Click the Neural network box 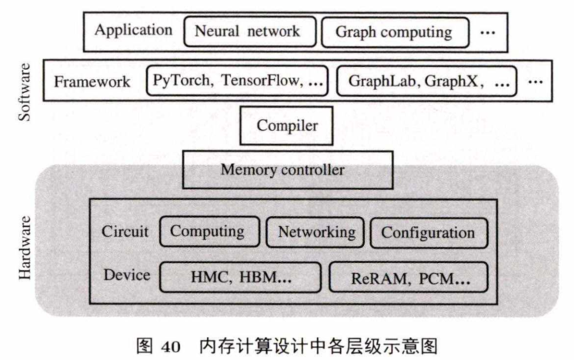coord(242,32)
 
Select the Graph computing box coord(393,32)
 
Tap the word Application coord(133,31)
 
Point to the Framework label coord(92,81)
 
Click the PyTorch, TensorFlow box coord(238,79)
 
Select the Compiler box coord(287,125)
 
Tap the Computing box coord(207,232)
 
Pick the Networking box coord(316,232)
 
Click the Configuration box coord(428,232)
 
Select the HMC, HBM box coord(240,276)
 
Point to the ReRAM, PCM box coord(409,278)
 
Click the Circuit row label coord(125,232)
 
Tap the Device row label coord(126,275)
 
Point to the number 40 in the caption coord(169,345)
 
